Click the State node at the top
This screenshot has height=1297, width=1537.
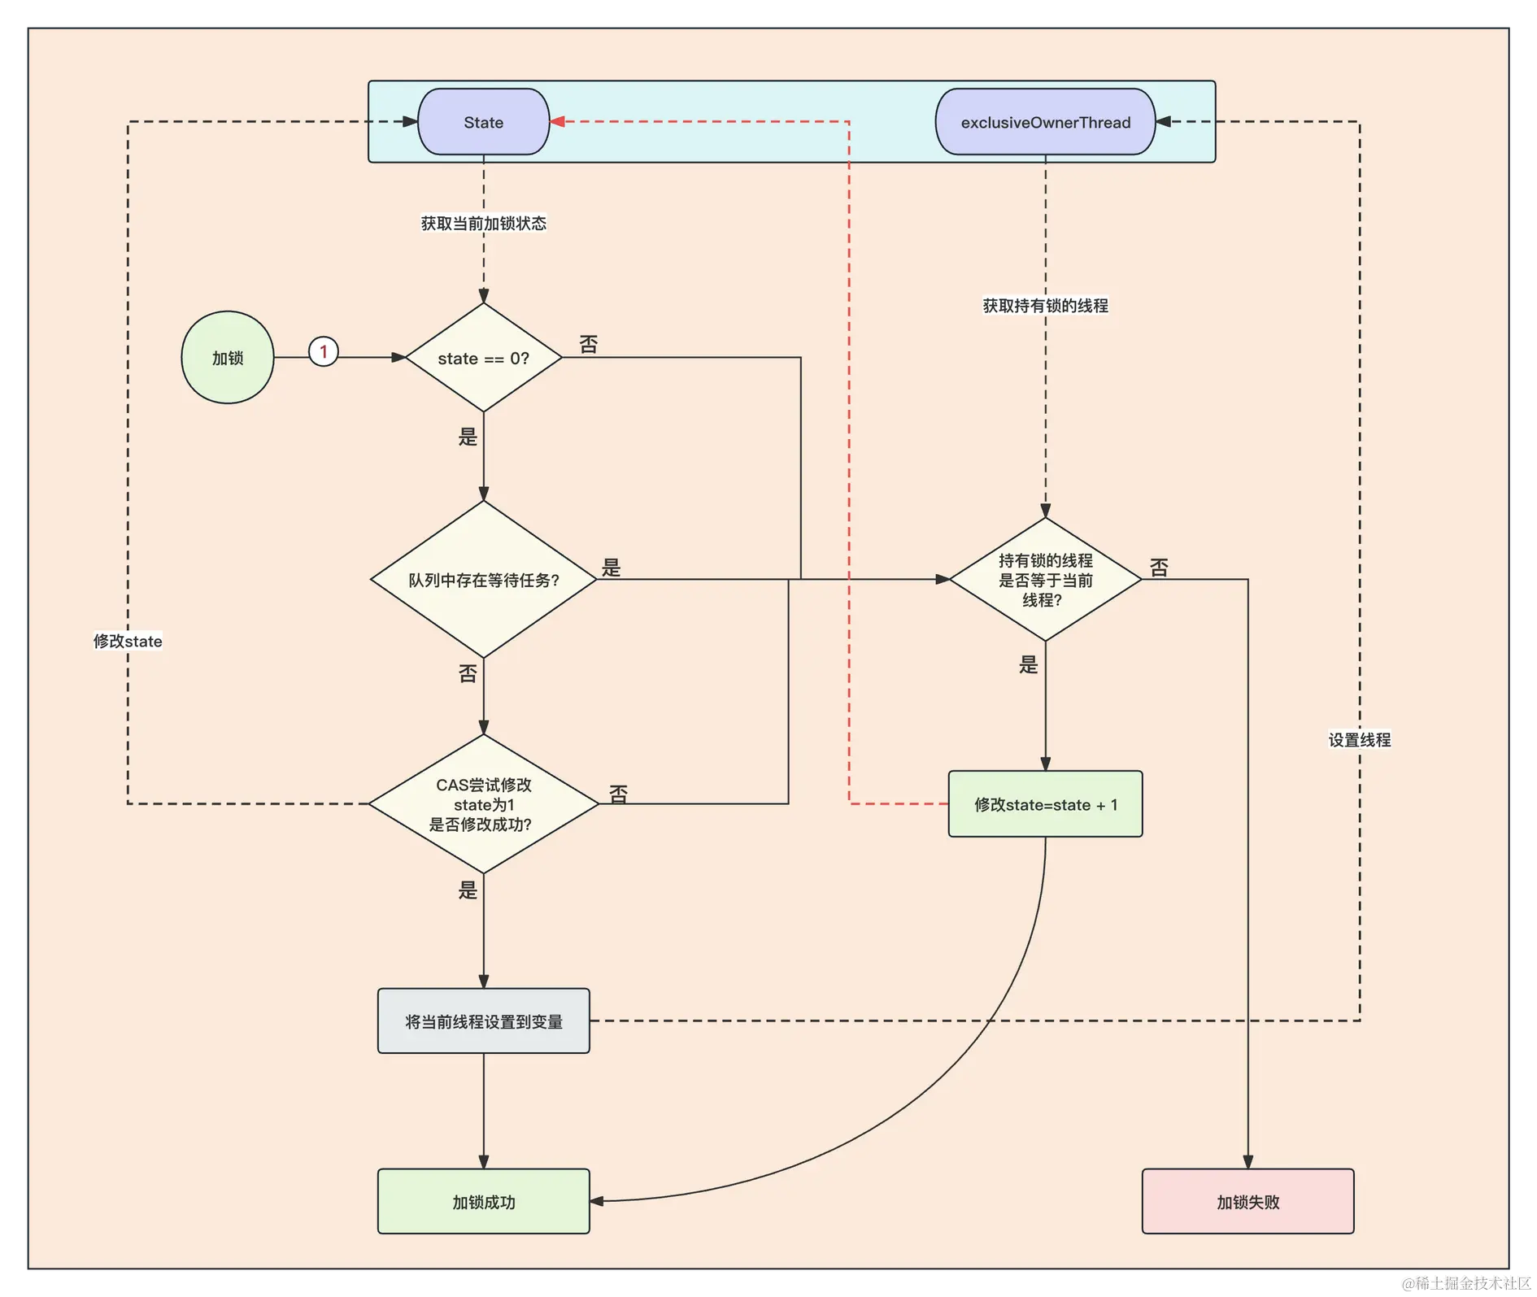click(483, 122)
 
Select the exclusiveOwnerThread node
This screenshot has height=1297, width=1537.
click(1045, 122)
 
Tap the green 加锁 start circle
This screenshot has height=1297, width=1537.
click(228, 358)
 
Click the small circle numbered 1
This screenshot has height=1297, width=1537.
click(324, 352)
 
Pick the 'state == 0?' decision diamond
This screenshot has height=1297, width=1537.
click(483, 358)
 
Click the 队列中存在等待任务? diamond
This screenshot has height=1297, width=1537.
click(483, 580)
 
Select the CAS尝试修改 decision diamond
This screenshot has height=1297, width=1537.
click(483, 804)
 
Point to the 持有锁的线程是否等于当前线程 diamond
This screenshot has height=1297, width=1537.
click(1045, 580)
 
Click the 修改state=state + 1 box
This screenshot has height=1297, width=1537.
click(1045, 804)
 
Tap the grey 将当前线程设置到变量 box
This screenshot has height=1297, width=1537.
click(483, 1021)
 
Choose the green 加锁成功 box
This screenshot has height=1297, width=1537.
click(483, 1202)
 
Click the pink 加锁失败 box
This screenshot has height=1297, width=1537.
click(1247, 1202)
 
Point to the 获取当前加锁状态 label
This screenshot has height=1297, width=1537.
click(483, 224)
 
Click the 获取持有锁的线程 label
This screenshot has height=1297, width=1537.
click(1045, 306)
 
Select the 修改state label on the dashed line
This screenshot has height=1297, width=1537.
click(128, 642)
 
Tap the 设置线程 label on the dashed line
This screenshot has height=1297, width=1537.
click(1359, 740)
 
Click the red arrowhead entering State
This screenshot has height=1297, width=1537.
click(558, 122)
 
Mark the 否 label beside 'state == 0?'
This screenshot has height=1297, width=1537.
click(589, 345)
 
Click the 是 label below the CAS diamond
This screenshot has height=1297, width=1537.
click(468, 890)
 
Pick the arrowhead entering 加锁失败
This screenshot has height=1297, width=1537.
click(1247, 1162)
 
